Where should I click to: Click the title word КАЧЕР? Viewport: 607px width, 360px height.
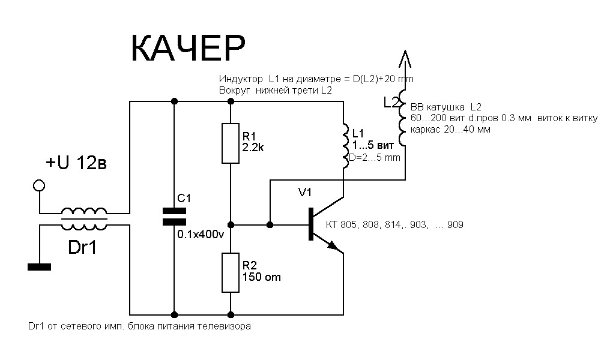187,49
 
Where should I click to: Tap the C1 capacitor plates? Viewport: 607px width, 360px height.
174,217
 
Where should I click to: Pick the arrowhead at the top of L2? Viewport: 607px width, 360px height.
405,59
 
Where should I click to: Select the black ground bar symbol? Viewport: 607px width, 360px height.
39,266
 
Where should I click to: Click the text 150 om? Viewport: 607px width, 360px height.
262,277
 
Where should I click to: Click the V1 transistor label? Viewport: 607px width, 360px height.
305,193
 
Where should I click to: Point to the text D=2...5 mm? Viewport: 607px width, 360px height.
374,157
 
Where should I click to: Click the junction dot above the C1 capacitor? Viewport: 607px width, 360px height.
174,101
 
